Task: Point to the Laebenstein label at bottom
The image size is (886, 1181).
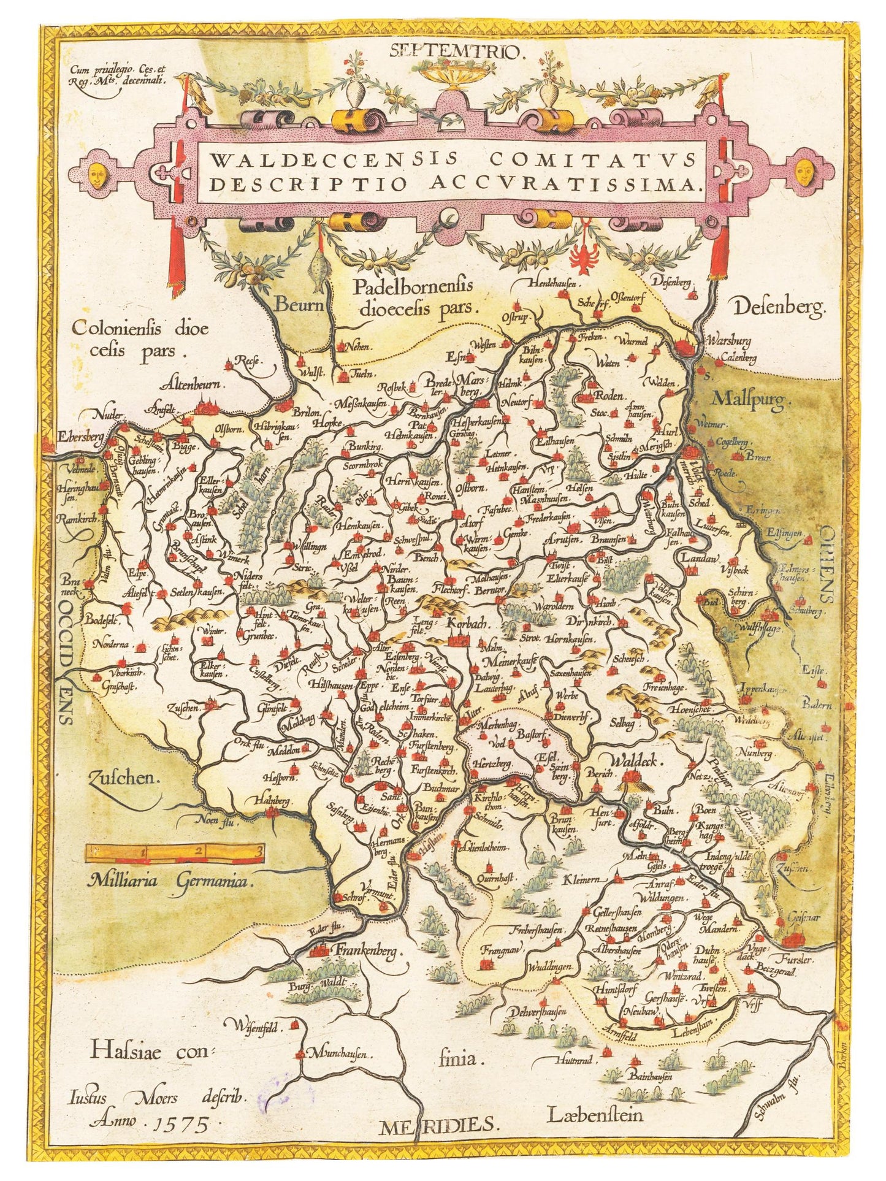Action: (x=596, y=1113)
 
